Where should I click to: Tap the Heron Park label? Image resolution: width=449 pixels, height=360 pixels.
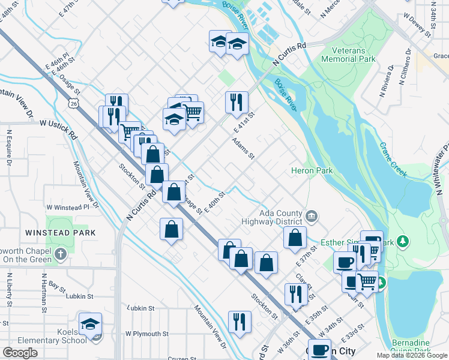coord(312,171)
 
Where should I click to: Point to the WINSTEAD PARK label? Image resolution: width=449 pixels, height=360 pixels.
coord(53,232)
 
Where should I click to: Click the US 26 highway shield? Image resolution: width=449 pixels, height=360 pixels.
coord(73,104)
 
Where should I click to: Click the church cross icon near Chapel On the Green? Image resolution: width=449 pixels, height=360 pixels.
coord(60,254)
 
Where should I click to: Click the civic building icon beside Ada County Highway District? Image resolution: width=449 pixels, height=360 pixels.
coord(312,215)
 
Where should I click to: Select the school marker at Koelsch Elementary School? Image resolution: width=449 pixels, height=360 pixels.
coord(91,325)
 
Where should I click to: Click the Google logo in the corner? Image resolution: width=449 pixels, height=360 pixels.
coord(20,353)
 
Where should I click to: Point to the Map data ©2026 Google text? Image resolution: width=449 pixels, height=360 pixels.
coord(412,355)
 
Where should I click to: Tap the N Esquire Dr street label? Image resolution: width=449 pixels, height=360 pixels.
coord(10,146)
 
